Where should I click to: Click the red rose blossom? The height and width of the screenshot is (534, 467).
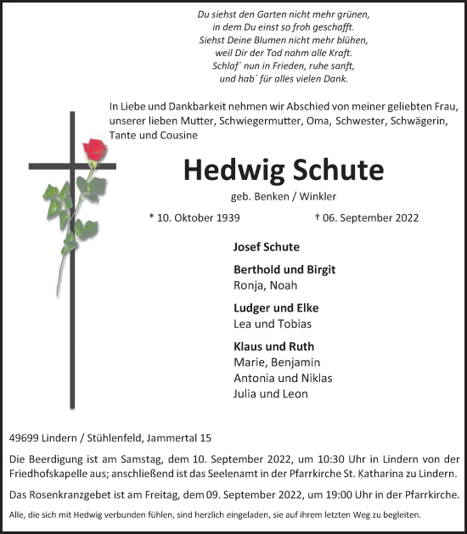coord(94,153)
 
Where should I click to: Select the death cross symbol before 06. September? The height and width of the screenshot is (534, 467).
coord(318,216)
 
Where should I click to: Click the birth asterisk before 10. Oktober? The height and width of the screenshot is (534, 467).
coord(152,216)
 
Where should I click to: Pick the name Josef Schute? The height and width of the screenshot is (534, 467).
coord(266,247)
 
